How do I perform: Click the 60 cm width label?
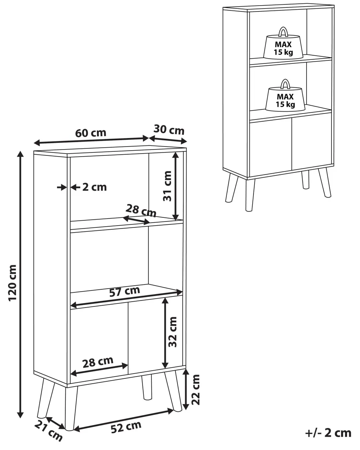click(91, 133)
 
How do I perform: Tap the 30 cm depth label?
click(169, 129)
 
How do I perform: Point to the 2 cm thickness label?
click(94, 187)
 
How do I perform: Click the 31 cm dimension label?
click(168, 186)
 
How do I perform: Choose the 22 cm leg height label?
click(196, 390)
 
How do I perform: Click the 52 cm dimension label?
click(126, 427)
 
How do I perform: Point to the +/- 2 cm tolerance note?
click(328, 433)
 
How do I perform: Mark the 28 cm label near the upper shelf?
click(141, 210)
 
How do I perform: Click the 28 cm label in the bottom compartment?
click(98, 362)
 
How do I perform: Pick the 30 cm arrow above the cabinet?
click(168, 139)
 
